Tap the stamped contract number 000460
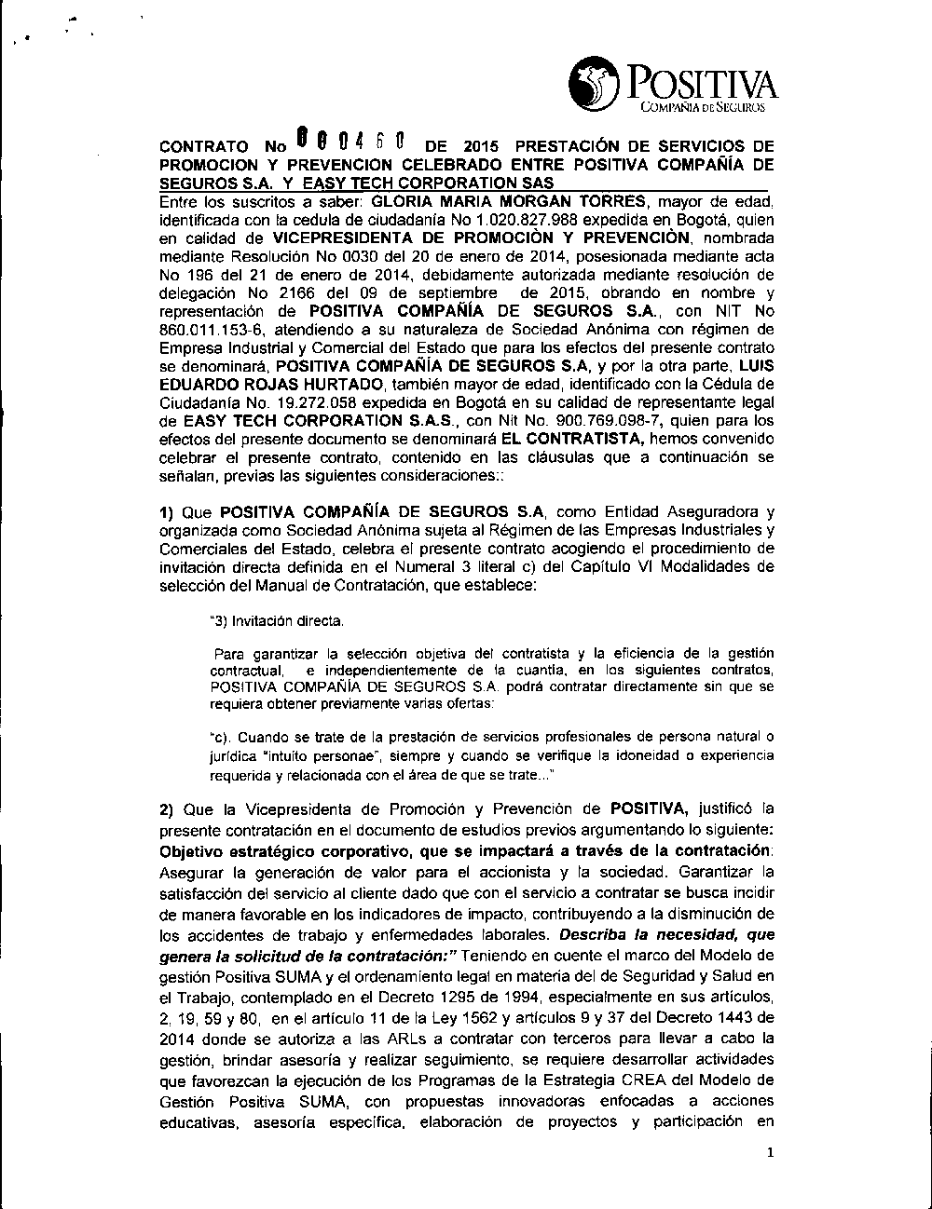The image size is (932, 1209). [349, 143]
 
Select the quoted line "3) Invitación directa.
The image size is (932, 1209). [278, 619]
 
